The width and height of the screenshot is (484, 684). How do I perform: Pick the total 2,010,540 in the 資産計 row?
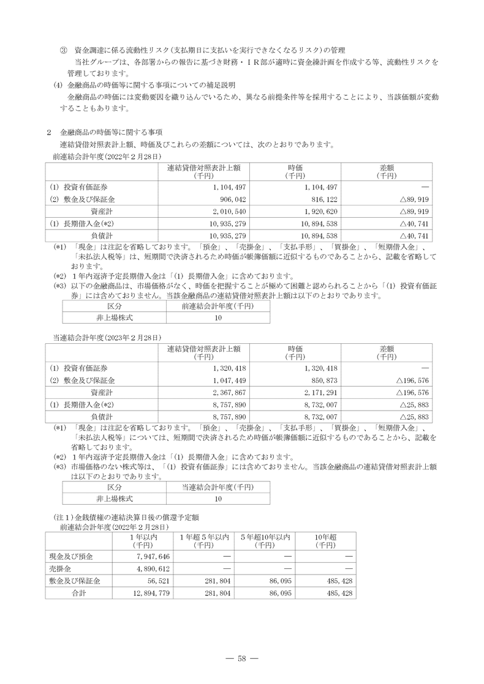tap(228, 211)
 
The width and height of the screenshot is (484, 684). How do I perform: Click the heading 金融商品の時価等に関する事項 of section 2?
tap(113, 132)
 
